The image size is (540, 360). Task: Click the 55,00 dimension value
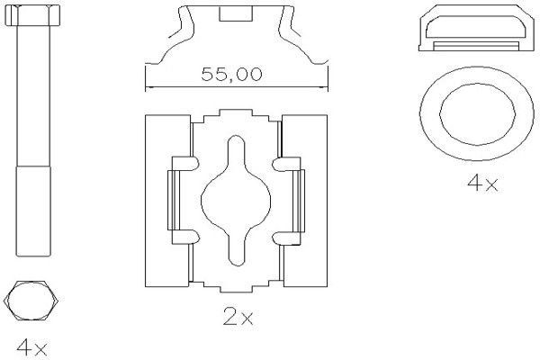pyautogui.click(x=231, y=75)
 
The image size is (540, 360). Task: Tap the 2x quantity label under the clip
pyautogui.click(x=238, y=316)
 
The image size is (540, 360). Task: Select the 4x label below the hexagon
pyautogui.click(x=31, y=347)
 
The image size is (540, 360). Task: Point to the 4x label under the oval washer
pyautogui.click(x=482, y=183)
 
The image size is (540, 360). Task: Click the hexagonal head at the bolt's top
pyautogui.click(x=32, y=15)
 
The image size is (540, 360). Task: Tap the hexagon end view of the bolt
pyautogui.click(x=31, y=301)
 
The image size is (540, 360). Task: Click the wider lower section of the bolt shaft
pyautogui.click(x=33, y=211)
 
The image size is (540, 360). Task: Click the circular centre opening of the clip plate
pyautogui.click(x=236, y=200)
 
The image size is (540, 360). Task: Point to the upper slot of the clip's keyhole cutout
pyautogui.click(x=236, y=150)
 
